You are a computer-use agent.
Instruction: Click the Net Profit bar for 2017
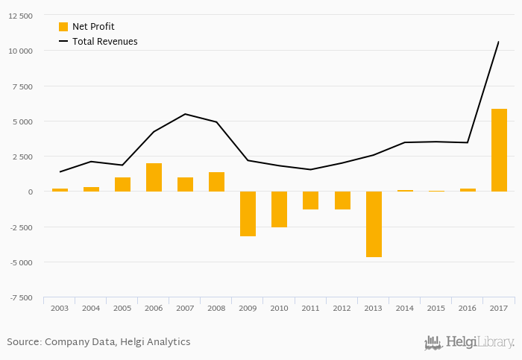pyautogui.click(x=499, y=150)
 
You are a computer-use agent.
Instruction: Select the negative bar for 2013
pyautogui.click(x=374, y=224)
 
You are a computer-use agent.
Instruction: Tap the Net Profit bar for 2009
pyautogui.click(x=248, y=213)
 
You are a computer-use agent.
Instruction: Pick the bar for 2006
pyautogui.click(x=154, y=177)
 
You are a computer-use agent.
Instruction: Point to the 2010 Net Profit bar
pyautogui.click(x=280, y=209)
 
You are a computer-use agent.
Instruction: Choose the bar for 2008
pyautogui.click(x=216, y=182)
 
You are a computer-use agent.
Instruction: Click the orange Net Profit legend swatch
pyautogui.click(x=63, y=27)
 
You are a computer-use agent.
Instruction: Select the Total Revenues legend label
pyautogui.click(x=104, y=42)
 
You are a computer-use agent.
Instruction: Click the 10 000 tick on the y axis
pyautogui.click(x=20, y=51)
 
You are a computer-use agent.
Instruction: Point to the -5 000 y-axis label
pyautogui.click(x=20, y=262)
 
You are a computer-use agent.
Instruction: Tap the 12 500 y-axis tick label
pyautogui.click(x=20, y=16)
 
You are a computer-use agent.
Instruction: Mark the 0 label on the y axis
pyautogui.click(x=30, y=192)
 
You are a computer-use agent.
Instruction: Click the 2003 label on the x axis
pyautogui.click(x=60, y=308)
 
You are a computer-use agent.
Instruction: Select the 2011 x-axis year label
pyautogui.click(x=311, y=308)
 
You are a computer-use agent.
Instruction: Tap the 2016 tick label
pyautogui.click(x=468, y=308)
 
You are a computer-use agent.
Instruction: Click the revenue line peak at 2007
pyautogui.click(x=185, y=114)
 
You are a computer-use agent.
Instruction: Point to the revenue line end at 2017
pyautogui.click(x=499, y=42)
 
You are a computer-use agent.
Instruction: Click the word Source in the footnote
pyautogui.click(x=23, y=342)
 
